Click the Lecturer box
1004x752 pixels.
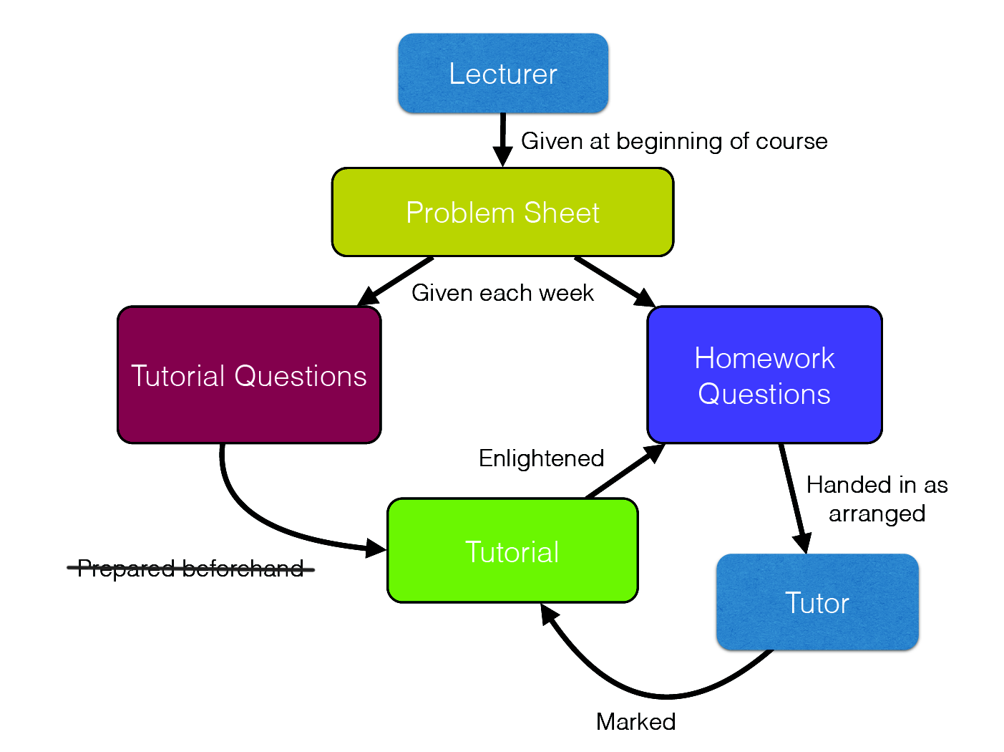[502, 73]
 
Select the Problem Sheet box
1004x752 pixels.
[502, 212]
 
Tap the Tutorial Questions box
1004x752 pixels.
[249, 375]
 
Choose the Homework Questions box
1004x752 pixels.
[764, 375]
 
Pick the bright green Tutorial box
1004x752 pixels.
[512, 551]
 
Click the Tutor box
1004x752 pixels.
[817, 602]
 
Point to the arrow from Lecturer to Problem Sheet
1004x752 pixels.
[502, 140]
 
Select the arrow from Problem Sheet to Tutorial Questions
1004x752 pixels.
[394, 281]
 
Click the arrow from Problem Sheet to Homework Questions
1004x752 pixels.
[615, 281]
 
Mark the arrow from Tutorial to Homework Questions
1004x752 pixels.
[625, 471]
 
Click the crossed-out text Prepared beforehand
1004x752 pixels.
[191, 569]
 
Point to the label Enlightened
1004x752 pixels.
[542, 458]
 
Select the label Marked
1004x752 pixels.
[635, 722]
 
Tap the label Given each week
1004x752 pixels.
[502, 293]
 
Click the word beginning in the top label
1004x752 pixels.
[670, 141]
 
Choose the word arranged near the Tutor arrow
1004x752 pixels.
[877, 514]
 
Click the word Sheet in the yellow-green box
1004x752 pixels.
[562, 213]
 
